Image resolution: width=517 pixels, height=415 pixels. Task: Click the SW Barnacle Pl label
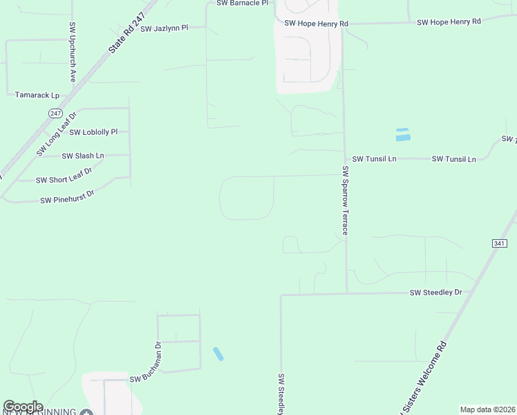click(x=242, y=3)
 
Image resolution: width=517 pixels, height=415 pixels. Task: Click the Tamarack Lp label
click(x=37, y=95)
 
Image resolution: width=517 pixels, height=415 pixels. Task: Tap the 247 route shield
click(x=56, y=113)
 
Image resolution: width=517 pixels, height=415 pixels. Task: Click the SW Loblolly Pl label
click(x=95, y=131)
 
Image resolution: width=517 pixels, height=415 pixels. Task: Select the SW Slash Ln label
click(x=83, y=156)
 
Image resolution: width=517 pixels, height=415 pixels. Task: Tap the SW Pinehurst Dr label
click(x=67, y=200)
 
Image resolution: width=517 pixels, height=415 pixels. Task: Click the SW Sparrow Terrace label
click(x=345, y=201)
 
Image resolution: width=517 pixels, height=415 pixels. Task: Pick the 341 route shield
click(x=500, y=243)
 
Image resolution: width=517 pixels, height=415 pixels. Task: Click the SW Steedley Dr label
click(x=435, y=293)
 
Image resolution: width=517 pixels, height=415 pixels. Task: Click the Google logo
click(x=23, y=407)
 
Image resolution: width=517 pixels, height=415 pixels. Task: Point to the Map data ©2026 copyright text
click(x=487, y=409)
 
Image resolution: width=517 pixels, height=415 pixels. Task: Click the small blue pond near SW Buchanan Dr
click(x=218, y=354)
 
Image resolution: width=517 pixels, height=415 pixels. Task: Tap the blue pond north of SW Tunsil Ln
click(x=402, y=135)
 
